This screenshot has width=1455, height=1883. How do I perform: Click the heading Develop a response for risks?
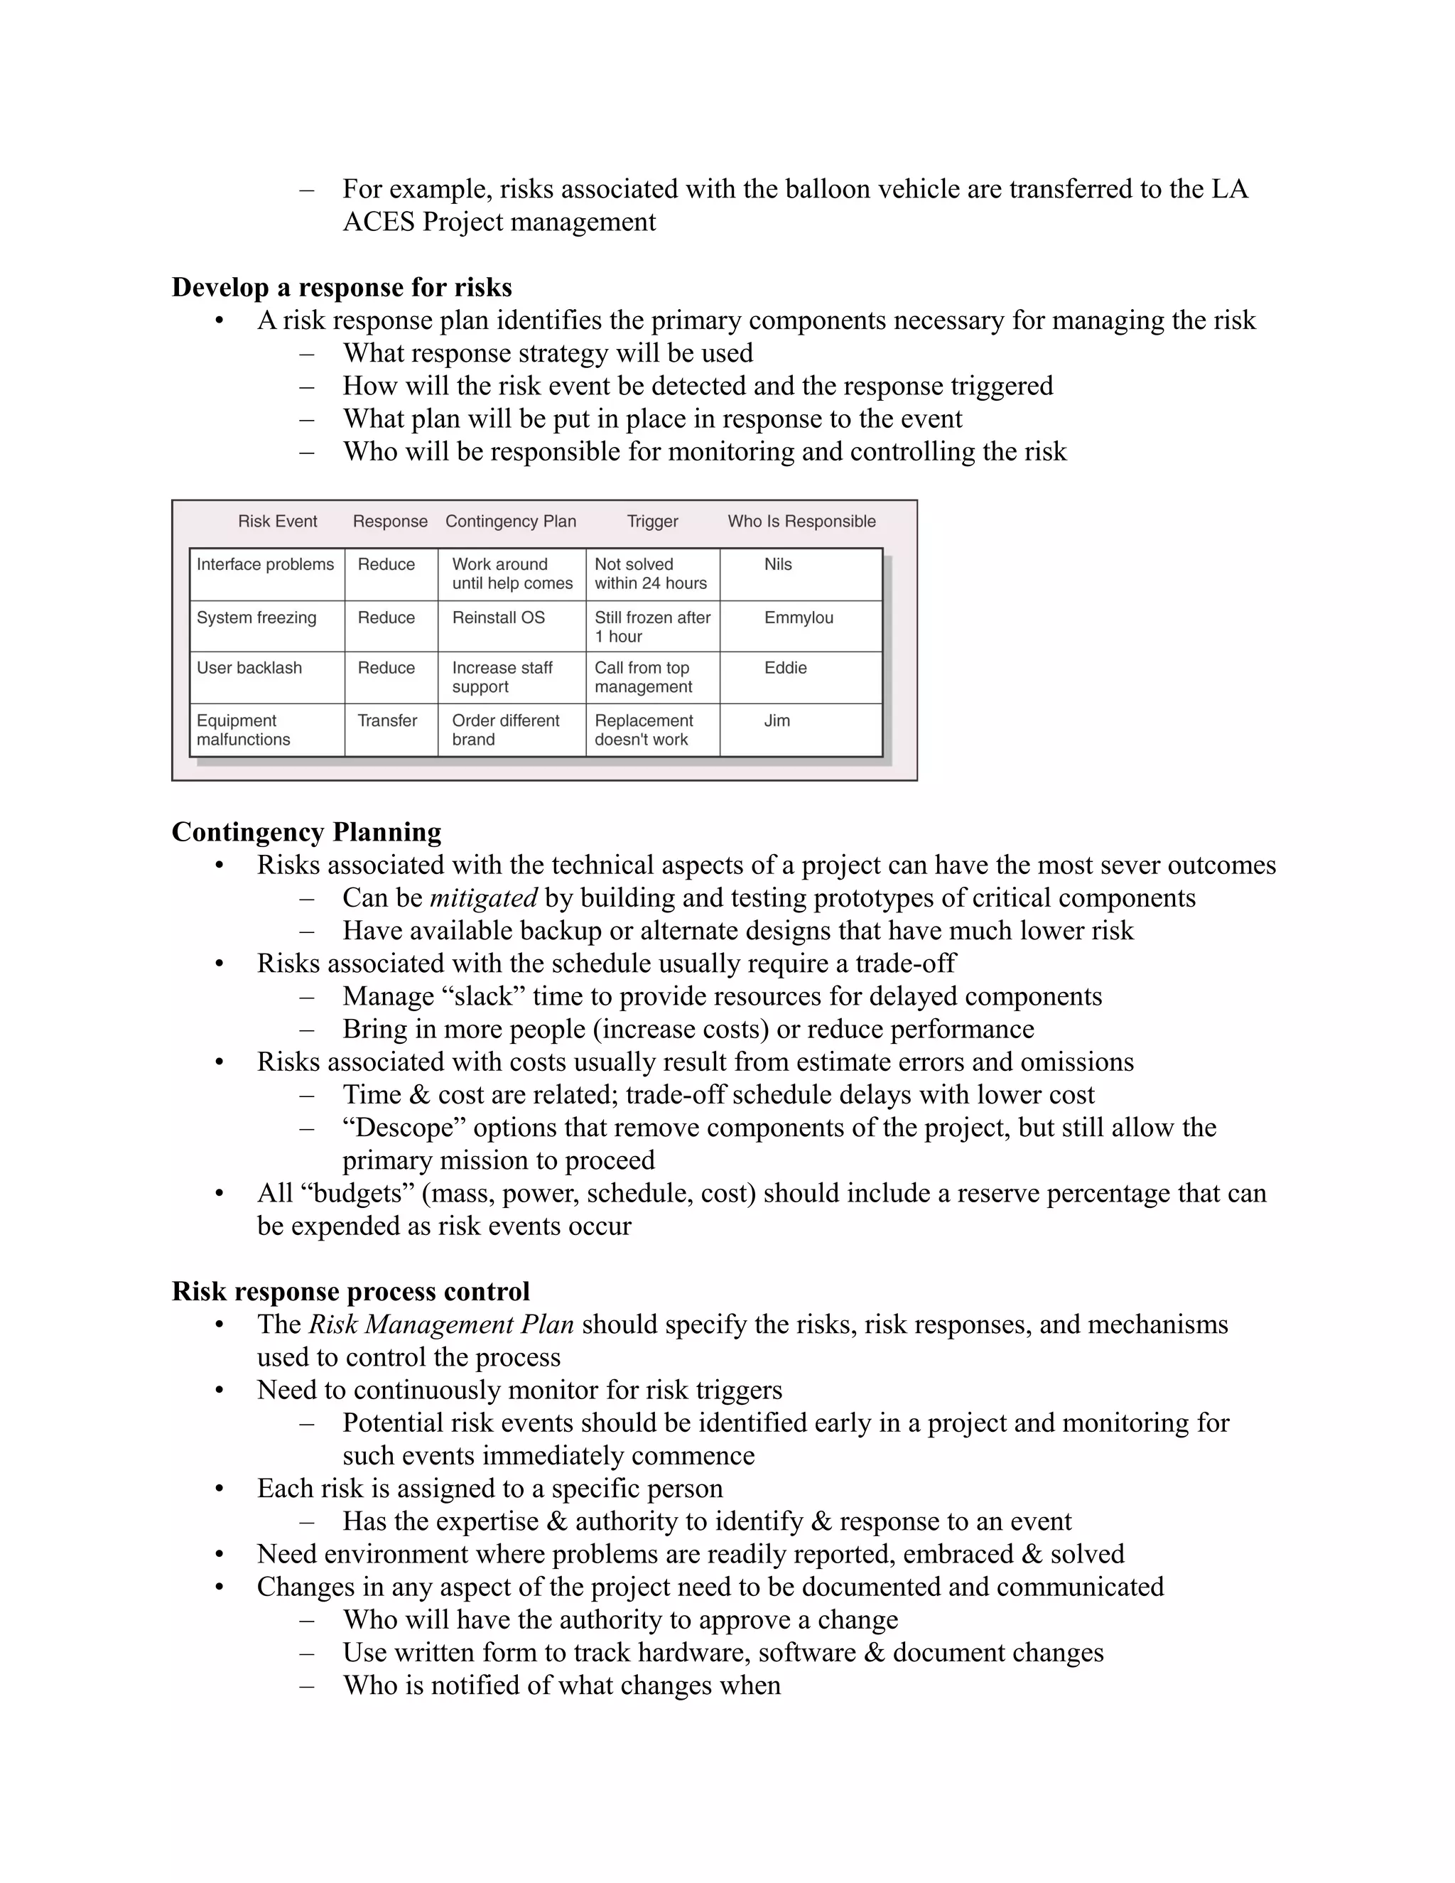pyautogui.click(x=341, y=287)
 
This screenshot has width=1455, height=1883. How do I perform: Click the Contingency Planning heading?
pyautogui.click(x=306, y=832)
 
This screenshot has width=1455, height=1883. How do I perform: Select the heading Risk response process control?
pyautogui.click(x=350, y=1292)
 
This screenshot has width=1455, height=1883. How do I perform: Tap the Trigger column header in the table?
pyautogui.click(x=651, y=522)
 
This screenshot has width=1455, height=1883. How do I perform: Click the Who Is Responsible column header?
pyautogui.click(x=801, y=522)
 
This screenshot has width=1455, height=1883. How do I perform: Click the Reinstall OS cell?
pyautogui.click(x=498, y=618)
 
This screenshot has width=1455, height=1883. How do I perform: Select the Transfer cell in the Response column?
pyautogui.click(x=387, y=721)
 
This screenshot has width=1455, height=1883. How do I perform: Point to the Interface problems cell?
pyautogui.click(x=264, y=565)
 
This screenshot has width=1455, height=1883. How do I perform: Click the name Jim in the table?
pyautogui.click(x=777, y=721)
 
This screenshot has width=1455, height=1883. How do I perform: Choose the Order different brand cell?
pyautogui.click(x=505, y=730)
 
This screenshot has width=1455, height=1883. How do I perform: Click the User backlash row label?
pyautogui.click(x=249, y=668)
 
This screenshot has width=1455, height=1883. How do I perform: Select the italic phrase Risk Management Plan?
pyautogui.click(x=440, y=1324)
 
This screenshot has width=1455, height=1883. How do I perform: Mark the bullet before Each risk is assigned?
pyautogui.click(x=220, y=1489)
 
